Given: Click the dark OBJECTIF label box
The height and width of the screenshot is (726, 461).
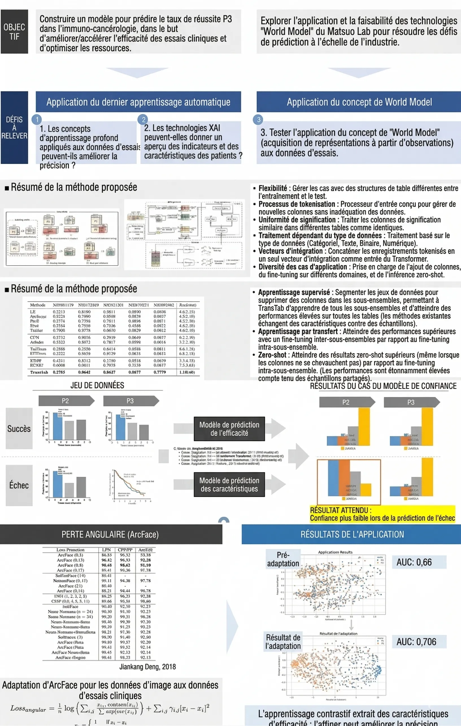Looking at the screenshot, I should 14,32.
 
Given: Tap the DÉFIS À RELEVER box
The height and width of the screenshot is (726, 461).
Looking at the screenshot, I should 14,128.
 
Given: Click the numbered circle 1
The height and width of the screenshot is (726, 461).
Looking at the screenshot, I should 37,119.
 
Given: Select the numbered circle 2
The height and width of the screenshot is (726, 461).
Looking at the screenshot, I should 143,119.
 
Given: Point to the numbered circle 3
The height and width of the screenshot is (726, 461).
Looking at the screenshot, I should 258,119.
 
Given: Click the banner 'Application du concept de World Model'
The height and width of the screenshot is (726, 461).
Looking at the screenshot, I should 359,102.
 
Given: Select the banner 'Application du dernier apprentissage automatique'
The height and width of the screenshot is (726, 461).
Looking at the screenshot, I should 138,102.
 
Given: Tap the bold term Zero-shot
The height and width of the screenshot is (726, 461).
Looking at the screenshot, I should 272,355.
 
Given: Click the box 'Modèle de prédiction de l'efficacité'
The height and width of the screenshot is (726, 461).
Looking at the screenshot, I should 229,429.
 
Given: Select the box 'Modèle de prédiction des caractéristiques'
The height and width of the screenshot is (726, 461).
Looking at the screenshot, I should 229,484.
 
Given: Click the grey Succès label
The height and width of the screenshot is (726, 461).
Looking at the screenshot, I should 19,428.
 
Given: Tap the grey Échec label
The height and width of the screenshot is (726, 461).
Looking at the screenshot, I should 19,485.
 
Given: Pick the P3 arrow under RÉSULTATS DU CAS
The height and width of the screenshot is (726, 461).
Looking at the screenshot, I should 411,402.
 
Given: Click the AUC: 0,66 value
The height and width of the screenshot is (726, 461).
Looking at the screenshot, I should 414,562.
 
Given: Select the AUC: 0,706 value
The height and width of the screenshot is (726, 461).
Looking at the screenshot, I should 416,642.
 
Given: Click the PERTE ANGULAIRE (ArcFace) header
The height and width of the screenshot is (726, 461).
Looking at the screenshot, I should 110,535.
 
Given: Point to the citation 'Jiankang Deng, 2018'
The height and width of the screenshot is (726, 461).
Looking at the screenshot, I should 148,667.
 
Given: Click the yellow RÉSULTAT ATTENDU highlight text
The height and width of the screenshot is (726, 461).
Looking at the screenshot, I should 382,514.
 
